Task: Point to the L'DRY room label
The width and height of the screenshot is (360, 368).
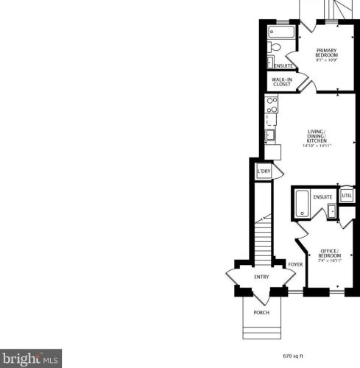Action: click(x=263, y=171)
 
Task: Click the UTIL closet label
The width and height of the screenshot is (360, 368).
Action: click(x=346, y=197)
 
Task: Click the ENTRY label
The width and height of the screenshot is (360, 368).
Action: click(x=261, y=277)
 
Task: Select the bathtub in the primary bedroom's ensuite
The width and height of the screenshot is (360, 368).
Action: click(x=281, y=32)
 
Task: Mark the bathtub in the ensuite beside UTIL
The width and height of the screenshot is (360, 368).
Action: click(x=302, y=204)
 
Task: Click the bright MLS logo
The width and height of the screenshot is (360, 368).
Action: click(x=29, y=360)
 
